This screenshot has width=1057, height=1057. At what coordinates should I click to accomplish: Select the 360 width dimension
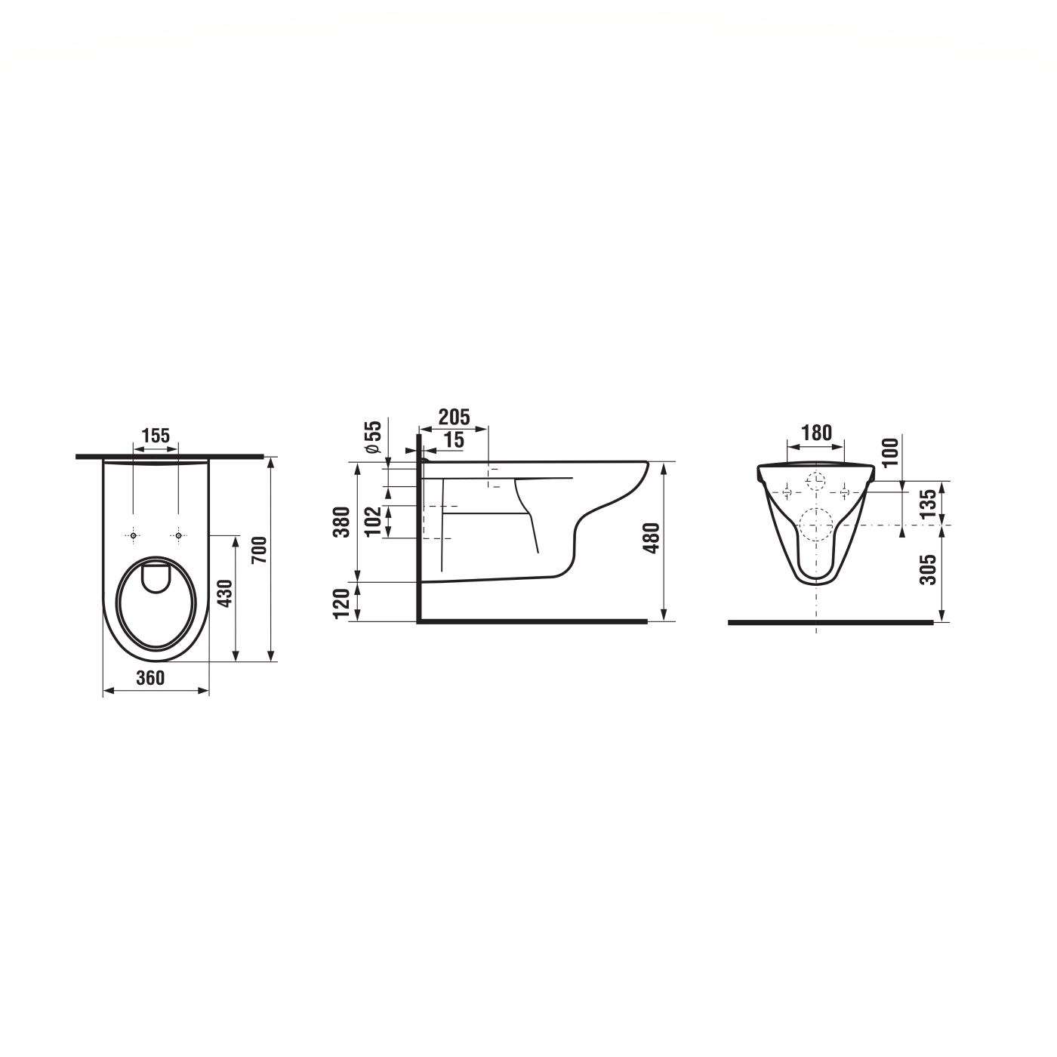pyautogui.click(x=150, y=678)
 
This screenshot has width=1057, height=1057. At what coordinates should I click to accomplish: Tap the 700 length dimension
pyautogui.click(x=259, y=550)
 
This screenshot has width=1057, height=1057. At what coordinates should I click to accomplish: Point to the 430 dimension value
pyautogui.click(x=226, y=593)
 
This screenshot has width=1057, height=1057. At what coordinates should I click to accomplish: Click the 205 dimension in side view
pyautogui.click(x=455, y=418)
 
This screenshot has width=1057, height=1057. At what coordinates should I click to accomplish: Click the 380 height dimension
pyautogui.click(x=342, y=522)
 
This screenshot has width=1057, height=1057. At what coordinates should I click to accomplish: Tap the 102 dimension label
pyautogui.click(x=373, y=521)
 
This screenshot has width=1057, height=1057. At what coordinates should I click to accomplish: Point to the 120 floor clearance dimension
pyautogui.click(x=342, y=603)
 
